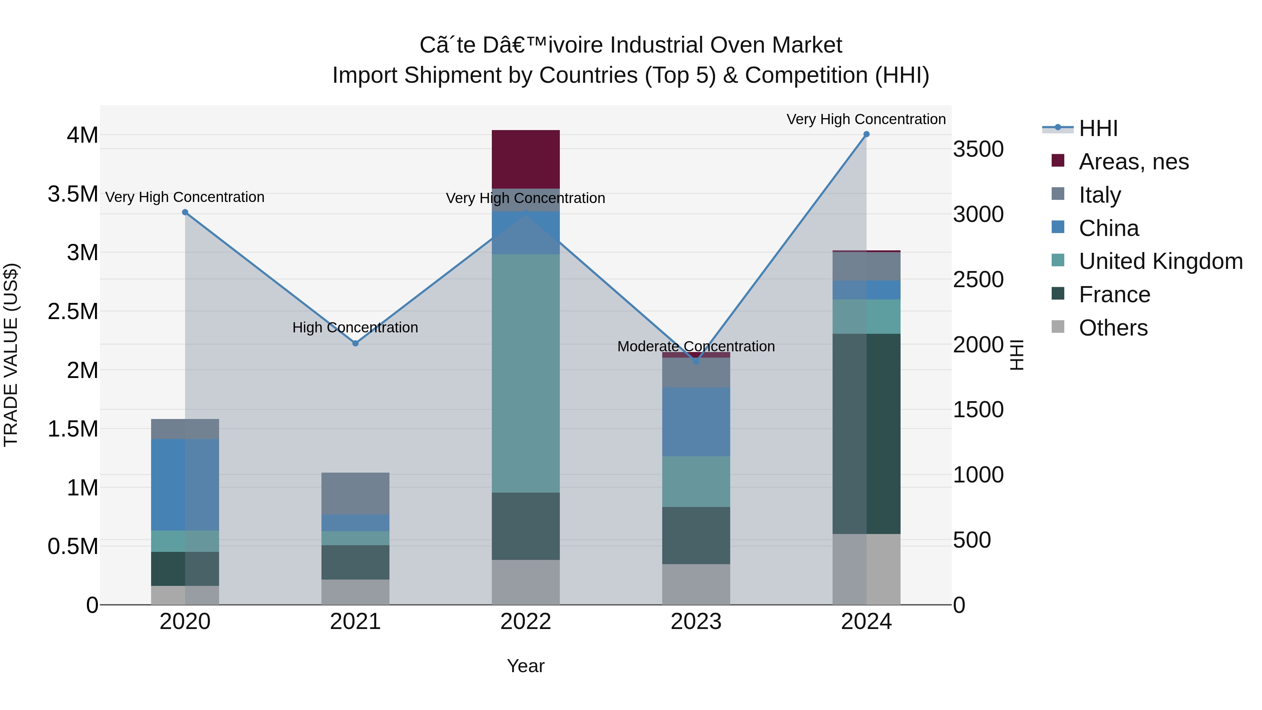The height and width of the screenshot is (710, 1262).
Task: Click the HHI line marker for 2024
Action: [x=866, y=134]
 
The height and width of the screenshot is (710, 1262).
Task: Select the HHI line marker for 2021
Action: [x=356, y=344]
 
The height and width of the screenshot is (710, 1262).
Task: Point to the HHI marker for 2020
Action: [x=185, y=212]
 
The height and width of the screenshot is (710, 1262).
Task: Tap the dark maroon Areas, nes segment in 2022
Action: [x=526, y=159]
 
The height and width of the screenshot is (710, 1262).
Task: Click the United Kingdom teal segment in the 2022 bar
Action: [x=526, y=372]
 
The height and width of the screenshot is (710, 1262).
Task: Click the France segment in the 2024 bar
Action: [x=866, y=434]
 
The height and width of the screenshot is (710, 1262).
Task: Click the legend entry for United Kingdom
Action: [x=1160, y=261]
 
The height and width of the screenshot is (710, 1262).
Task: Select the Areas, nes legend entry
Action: [x=1133, y=162]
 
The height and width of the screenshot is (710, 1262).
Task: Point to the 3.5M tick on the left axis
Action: [x=73, y=194]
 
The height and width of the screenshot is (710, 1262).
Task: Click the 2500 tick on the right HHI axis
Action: [x=978, y=280]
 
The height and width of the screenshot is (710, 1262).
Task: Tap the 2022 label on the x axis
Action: [x=526, y=622]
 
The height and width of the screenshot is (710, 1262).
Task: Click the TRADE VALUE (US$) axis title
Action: [x=11, y=355]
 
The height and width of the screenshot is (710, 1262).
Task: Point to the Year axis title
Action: [x=526, y=666]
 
